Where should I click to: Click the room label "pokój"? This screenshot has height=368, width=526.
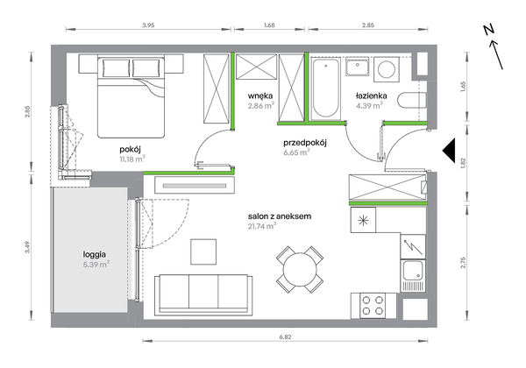tap(130, 150)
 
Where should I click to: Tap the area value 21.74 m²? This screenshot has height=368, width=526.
tap(262, 226)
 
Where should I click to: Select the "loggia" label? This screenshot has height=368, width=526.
tap(95, 255)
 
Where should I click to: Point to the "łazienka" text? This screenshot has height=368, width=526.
tap(371, 96)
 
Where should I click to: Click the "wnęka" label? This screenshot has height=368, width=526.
tap(260, 96)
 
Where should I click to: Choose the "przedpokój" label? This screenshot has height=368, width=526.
tap(305, 143)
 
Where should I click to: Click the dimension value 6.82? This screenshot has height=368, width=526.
tap(285, 337)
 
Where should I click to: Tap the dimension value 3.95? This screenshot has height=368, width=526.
tap(148, 25)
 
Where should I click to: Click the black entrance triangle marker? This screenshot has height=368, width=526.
tap(449, 151)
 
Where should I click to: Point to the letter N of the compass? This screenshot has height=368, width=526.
tap(489, 30)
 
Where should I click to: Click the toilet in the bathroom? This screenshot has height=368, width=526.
tap(412, 100)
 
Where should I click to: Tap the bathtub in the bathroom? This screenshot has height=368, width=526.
tap(325, 88)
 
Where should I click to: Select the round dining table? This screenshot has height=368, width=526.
tap(300, 270)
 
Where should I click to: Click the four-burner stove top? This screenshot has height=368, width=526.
tap(373, 306)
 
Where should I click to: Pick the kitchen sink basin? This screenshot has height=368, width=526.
tap(413, 271)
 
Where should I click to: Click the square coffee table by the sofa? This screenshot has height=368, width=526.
tap(203, 251)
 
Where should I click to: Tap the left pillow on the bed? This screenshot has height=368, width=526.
tap(116, 68)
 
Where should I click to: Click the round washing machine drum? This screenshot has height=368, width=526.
tap(387, 69)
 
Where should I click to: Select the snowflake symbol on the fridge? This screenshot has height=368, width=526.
tap(363, 220)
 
